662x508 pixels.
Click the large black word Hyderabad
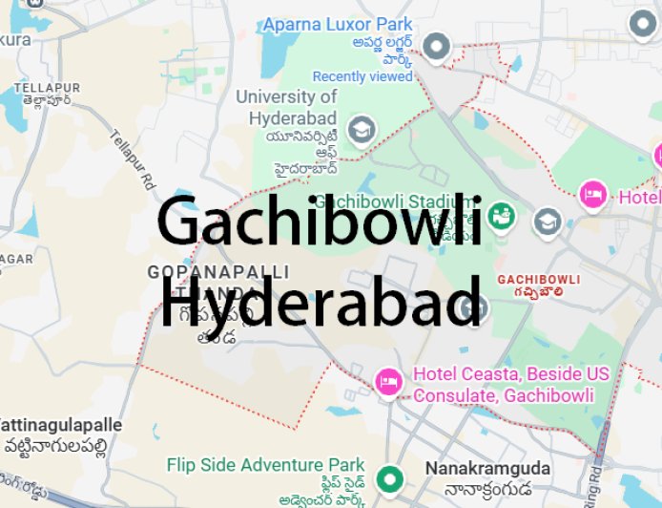(x=321, y=299)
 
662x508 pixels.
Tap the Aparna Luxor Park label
(x=338, y=24)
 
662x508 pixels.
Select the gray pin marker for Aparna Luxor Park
(x=436, y=45)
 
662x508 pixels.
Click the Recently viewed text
(x=362, y=76)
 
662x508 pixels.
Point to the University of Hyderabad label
(x=286, y=107)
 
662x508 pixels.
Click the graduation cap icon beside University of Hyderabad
(x=362, y=130)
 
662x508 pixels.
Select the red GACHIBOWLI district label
(x=539, y=279)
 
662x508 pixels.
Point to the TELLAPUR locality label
(x=47, y=88)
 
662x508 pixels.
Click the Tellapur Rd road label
(x=133, y=159)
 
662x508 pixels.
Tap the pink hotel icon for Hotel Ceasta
(x=388, y=382)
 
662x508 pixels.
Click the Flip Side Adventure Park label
(x=265, y=465)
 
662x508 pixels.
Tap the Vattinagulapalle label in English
(x=59, y=424)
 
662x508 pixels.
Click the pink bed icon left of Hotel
(x=592, y=195)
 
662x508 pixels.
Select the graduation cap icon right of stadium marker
(x=548, y=222)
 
